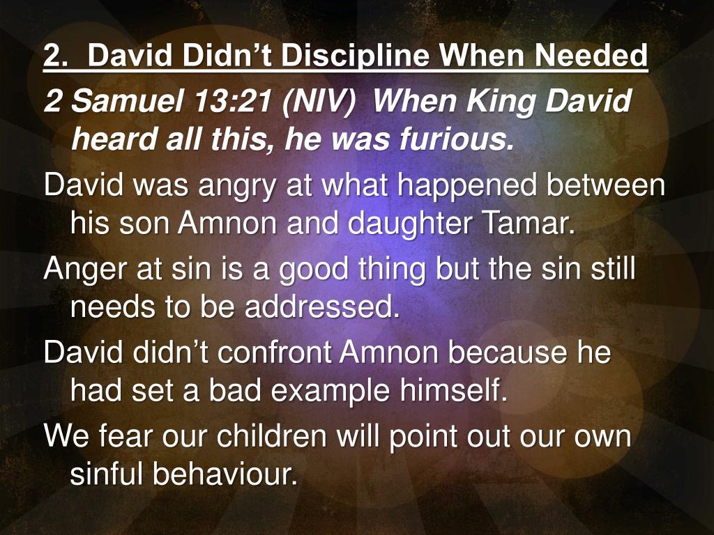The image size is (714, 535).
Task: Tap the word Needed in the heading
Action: tap(591, 56)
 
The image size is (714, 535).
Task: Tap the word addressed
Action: tap(322, 307)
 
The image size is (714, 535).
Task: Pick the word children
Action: tap(271, 436)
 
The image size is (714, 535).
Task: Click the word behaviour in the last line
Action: tap(225, 474)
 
